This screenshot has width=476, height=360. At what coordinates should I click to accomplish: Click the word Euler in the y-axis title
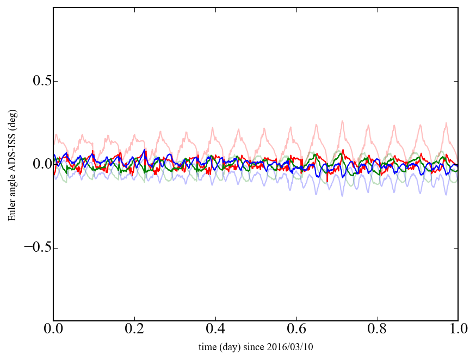click(x=12, y=212)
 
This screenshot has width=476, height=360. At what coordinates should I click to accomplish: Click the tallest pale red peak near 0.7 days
click(x=342, y=121)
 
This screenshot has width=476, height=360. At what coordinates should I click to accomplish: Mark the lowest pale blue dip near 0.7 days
click(x=342, y=195)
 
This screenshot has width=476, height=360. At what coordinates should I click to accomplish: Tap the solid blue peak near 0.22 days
click(x=144, y=150)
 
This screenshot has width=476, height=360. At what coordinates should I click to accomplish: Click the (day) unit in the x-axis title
click(x=236, y=346)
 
